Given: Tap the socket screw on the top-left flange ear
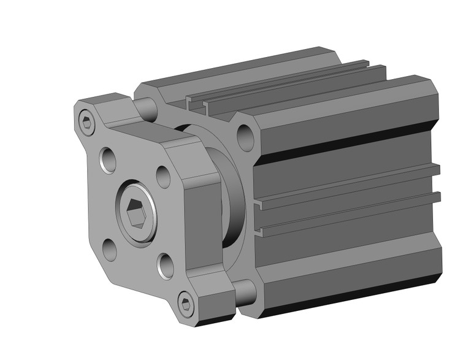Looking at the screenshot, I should (87, 123).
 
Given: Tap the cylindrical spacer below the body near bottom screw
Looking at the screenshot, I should (245, 293).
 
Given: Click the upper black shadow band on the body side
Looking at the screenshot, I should (343, 142).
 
